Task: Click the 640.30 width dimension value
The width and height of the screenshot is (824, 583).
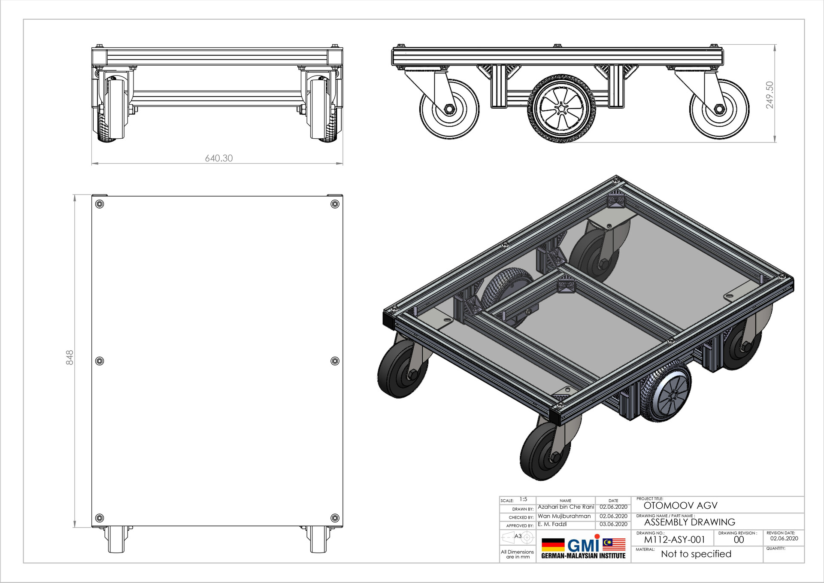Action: pos(219,158)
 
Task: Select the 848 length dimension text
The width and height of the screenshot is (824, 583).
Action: pos(70,358)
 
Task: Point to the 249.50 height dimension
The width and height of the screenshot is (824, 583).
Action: pos(769,95)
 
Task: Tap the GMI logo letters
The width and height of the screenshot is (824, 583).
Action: pos(583,545)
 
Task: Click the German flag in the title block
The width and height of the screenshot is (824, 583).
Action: pos(553,545)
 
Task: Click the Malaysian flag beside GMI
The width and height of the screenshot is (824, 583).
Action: pos(614,544)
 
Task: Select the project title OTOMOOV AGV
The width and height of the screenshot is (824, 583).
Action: pos(680,506)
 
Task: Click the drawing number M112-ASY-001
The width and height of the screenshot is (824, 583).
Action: pos(674,540)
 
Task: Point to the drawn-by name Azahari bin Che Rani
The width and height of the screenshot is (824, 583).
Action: pos(566,507)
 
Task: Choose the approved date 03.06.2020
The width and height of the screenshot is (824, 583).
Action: pos(613,524)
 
